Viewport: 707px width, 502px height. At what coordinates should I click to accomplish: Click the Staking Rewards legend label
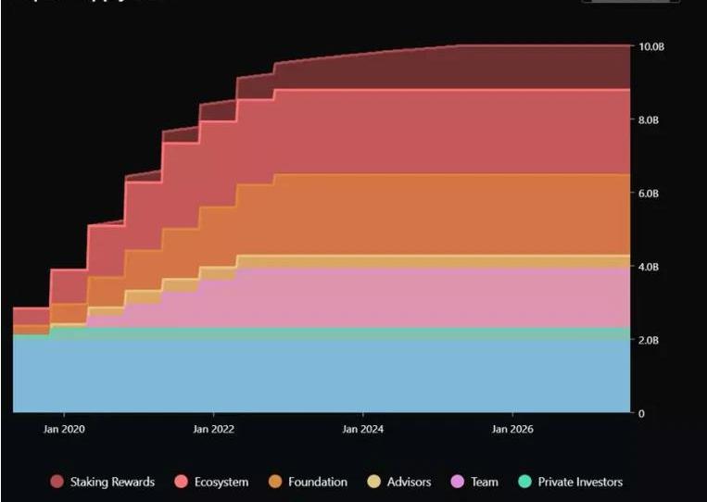point(112,482)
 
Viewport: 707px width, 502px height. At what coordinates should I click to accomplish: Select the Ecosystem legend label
point(220,482)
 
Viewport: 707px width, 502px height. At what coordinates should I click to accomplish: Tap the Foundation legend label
point(318,482)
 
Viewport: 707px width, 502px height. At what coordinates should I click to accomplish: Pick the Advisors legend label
point(409,482)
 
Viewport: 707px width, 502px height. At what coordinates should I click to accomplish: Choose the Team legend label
point(485,482)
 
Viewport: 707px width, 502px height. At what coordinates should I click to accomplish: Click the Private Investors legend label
point(580,482)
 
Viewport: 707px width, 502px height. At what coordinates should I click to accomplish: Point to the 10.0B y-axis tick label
point(651,46)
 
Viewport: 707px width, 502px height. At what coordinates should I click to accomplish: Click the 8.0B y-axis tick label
point(650,119)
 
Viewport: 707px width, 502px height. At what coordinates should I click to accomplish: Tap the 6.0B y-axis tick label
point(650,194)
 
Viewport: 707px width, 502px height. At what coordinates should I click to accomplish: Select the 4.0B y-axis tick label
point(650,267)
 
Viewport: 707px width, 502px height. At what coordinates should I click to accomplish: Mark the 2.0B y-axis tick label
point(650,340)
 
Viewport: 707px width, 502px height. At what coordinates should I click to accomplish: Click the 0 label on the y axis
point(641,413)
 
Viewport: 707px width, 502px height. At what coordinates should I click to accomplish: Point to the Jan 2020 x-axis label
point(64,429)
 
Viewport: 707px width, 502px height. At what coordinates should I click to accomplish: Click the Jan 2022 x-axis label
point(214,429)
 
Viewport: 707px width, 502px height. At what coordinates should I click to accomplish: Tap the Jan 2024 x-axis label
point(363,429)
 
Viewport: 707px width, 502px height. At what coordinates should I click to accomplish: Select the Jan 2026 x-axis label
point(512,429)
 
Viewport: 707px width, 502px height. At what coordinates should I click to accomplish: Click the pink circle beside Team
point(458,482)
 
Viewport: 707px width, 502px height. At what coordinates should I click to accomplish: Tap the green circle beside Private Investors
point(525,482)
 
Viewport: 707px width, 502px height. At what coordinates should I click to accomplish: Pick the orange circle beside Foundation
point(275,482)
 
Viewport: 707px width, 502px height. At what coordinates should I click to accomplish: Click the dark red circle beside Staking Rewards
point(57,482)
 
